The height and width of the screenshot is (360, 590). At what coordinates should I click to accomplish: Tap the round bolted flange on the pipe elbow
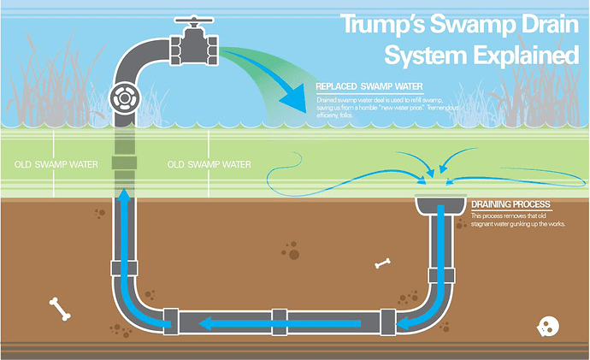click(127, 98)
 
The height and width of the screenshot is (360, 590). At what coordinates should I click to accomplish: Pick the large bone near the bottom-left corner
click(59, 309)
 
